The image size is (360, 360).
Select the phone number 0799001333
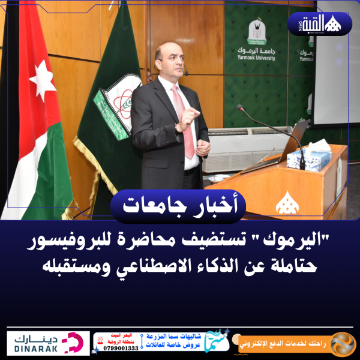[121, 347]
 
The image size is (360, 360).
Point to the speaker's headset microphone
[186, 73]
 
